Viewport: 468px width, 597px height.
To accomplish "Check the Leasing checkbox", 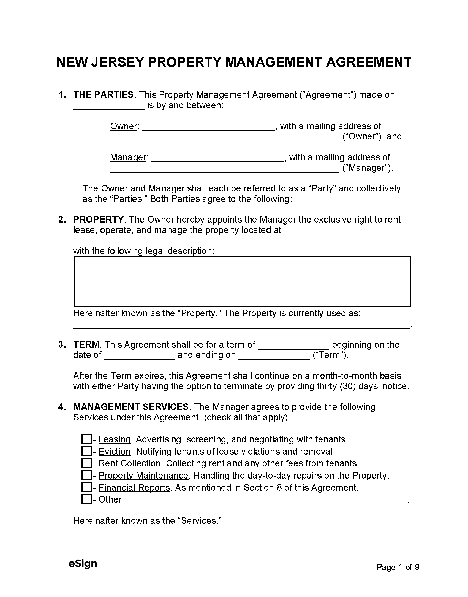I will (86, 439).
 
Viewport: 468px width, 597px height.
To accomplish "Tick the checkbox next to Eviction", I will (86, 451).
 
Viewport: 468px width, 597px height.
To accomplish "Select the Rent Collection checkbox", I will (86, 463).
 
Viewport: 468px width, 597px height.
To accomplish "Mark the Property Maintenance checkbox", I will (86, 475).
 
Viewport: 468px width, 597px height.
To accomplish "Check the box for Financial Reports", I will (86, 487).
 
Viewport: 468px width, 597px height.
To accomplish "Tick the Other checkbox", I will (86, 499).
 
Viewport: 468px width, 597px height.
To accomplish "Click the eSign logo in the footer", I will (83, 563).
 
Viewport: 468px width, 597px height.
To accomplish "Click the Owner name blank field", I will (208, 127).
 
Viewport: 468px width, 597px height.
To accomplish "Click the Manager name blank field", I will (217, 158).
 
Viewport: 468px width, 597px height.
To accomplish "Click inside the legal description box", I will (242, 281).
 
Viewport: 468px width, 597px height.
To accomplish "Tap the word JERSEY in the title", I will (117, 62).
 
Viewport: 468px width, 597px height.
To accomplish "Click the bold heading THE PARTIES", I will (103, 95).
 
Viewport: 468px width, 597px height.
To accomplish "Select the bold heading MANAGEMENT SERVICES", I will (131, 407).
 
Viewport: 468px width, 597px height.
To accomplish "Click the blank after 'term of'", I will (293, 345).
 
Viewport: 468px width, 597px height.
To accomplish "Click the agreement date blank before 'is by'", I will (109, 106).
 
